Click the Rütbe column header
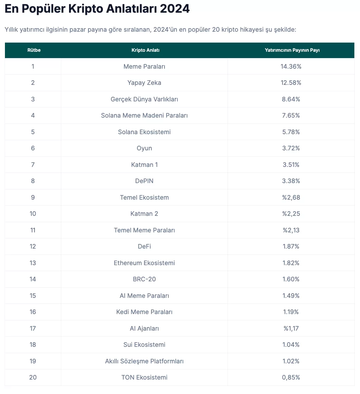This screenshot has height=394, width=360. pos(34,50)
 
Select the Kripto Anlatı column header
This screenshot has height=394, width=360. pos(145,50)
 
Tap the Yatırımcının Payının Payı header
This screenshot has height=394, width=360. pos(292,50)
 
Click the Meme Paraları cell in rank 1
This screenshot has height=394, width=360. pos(144,66)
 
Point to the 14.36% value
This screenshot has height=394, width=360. pos(291,66)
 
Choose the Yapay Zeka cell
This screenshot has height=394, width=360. pos(144,83)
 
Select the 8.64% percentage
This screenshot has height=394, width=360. pos(291,99)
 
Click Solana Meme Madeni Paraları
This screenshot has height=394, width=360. pos(144,115)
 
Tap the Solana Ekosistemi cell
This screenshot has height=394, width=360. pos(144,132)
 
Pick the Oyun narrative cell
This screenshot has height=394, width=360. pos(144,148)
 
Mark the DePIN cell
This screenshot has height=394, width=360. pos(144,181)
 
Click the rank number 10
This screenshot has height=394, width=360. pos(33,214)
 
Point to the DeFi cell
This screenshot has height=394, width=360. pos(144,246)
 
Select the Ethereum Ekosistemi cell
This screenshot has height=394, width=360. pos(144,263)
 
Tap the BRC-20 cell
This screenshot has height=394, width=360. pos(144,279)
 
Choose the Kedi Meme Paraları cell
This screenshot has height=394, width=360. pos(144,312)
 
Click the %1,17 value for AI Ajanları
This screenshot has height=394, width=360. pos(291,328)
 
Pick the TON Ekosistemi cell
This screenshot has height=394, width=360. pos(144,377)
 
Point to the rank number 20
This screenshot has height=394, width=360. pos(33,377)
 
